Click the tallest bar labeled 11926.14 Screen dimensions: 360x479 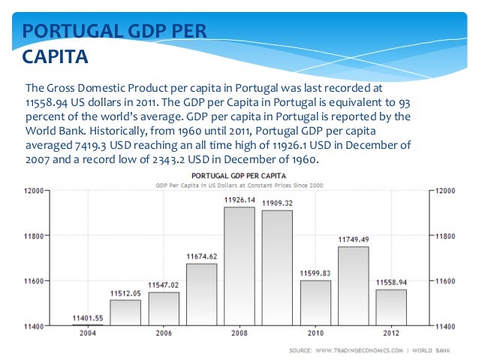pos(239,266)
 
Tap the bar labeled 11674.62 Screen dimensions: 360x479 pos(201,295)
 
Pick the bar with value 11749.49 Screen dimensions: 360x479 pos(353,286)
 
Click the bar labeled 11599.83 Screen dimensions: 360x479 pos(315,303)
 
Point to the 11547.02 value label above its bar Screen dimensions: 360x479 pos(164,286)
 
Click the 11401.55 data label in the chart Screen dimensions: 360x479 pos(87,319)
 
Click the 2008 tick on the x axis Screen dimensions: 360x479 pos(239,333)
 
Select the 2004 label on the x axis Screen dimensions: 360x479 pos(87,333)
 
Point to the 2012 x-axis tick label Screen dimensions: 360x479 pos(390,333)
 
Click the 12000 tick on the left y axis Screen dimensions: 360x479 pos(32,191)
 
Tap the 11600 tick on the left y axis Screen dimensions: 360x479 pos(32,281)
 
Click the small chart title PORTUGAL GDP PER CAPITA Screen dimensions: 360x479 pos(239,177)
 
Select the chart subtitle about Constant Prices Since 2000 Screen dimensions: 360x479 pos(239,185)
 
